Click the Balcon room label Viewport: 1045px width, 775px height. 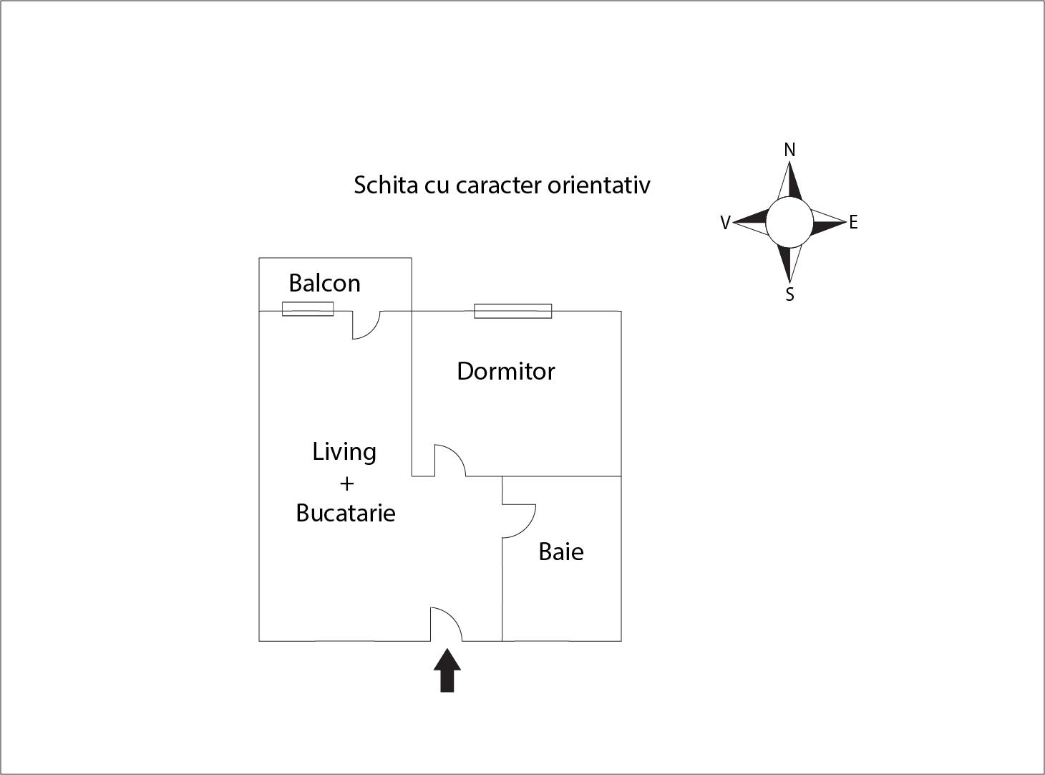click(325, 283)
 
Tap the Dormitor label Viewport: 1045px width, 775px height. click(506, 371)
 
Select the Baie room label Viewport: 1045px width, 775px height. click(561, 552)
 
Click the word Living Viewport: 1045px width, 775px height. click(344, 453)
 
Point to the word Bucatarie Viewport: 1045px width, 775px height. click(346, 514)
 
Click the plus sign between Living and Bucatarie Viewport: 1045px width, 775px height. click(346, 483)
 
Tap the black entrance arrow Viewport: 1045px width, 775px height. click(447, 670)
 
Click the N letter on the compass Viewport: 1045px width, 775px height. click(789, 150)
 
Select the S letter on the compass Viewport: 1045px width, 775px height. click(789, 294)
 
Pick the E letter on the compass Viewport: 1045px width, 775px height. click(853, 222)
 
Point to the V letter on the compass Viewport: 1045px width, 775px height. click(726, 223)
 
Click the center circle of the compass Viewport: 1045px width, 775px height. click(789, 222)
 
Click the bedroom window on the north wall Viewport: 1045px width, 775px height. click(513, 312)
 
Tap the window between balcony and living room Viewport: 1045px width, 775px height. click(308, 309)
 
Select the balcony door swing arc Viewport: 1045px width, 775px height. click(366, 325)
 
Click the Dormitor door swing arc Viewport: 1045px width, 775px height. click(450, 461)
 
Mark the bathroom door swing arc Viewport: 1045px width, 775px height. click(519, 521)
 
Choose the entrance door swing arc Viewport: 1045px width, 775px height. click(446, 624)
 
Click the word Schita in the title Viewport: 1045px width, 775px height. click(386, 185)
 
